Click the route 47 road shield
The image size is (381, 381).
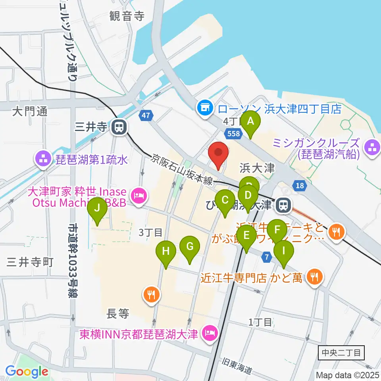pos(146,115)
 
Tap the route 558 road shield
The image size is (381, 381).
pos(233,134)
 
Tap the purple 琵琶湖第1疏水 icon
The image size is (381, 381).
pos(42,160)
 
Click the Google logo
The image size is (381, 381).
pos(27,372)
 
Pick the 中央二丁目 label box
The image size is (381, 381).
pos(341,352)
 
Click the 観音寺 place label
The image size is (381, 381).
pos(127,16)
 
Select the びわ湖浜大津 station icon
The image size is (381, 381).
pos(283,205)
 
